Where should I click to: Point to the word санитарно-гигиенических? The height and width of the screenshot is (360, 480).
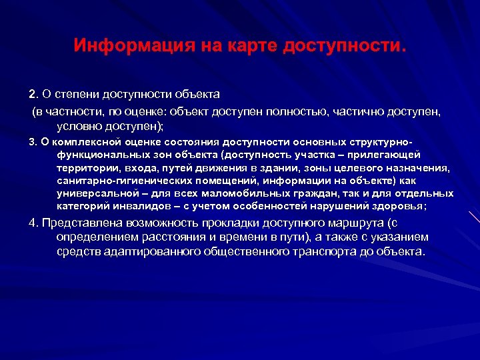(123, 181)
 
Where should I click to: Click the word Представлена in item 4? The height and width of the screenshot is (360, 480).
(77, 223)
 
